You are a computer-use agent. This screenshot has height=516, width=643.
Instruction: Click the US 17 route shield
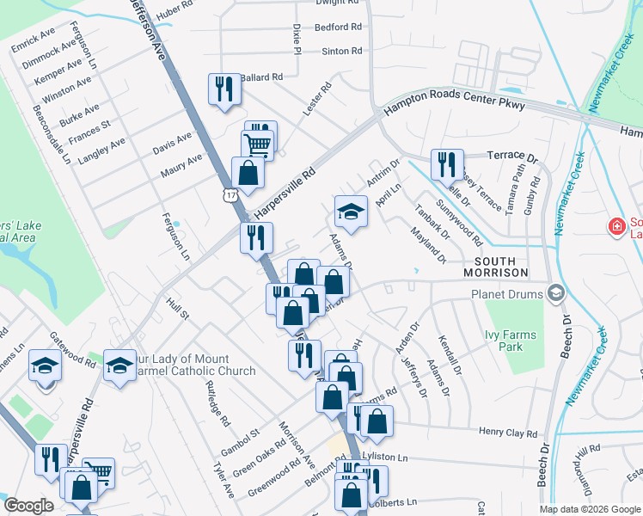click(x=229, y=196)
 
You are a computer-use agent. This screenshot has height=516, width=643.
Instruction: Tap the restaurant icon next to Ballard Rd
click(x=224, y=89)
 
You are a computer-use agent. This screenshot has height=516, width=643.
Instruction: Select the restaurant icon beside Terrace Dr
click(x=446, y=163)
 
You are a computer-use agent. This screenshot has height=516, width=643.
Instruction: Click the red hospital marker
click(x=615, y=227)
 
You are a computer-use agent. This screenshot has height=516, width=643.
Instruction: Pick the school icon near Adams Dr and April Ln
click(x=351, y=212)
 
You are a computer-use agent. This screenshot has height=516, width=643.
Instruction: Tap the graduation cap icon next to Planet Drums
click(x=555, y=294)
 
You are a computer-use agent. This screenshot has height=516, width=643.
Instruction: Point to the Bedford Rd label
click(x=338, y=27)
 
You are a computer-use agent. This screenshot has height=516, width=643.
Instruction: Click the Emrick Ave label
click(x=34, y=40)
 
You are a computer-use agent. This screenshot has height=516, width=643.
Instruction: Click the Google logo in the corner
click(x=29, y=506)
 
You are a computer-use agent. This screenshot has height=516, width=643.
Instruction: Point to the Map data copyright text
click(x=589, y=508)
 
